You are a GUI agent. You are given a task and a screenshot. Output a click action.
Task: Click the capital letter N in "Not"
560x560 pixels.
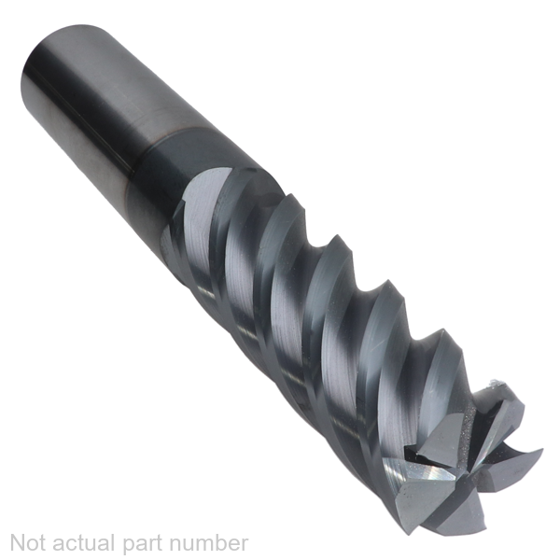coord(18,543)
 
